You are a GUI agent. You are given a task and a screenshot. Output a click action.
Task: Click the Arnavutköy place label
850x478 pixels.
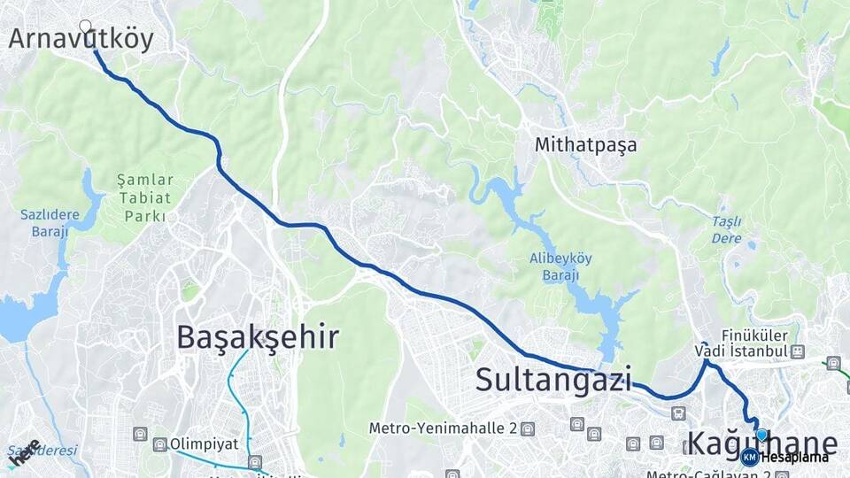(x=81, y=39)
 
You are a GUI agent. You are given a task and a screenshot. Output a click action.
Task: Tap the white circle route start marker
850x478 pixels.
(x=86, y=27)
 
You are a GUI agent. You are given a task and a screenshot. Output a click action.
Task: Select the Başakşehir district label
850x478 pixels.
(x=257, y=337)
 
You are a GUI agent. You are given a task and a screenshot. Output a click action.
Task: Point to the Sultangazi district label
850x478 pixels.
(x=553, y=380)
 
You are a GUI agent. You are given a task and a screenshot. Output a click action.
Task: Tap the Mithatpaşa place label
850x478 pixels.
(x=585, y=145)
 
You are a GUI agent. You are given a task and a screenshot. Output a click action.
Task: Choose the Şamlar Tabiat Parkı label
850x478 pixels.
(x=145, y=197)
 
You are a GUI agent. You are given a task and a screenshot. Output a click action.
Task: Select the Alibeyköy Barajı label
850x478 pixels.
(x=560, y=266)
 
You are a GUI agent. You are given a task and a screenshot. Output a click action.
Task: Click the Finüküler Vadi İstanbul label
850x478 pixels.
(x=742, y=343)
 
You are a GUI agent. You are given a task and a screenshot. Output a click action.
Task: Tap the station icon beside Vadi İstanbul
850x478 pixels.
(x=799, y=351)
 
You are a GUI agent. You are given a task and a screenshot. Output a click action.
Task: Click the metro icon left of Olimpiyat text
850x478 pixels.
(x=160, y=443)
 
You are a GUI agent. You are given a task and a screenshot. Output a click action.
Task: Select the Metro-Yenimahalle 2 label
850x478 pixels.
(x=443, y=428)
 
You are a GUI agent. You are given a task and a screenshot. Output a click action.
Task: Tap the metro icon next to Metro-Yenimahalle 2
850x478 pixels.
(x=528, y=428)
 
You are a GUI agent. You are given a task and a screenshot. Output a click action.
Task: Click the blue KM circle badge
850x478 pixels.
(x=750, y=457)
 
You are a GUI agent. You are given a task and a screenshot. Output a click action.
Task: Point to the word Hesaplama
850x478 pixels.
(x=794, y=458)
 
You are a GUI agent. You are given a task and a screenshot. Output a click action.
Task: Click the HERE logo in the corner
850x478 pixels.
(x=24, y=452)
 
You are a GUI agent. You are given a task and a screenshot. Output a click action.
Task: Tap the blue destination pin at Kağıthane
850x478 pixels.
(x=761, y=435)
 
